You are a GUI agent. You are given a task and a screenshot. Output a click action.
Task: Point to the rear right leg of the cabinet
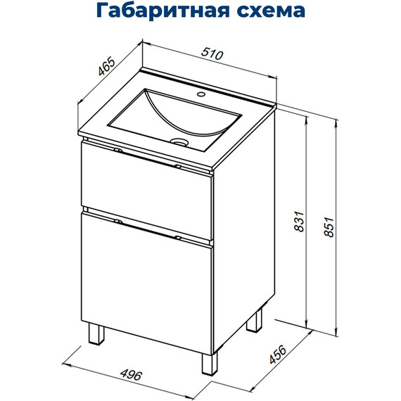(x=255, y=321)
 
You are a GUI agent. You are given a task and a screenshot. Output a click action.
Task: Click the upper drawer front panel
(x=146, y=184)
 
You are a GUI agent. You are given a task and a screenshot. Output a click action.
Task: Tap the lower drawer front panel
(x=146, y=281)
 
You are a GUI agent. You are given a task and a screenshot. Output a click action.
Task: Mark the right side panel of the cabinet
(x=243, y=232)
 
